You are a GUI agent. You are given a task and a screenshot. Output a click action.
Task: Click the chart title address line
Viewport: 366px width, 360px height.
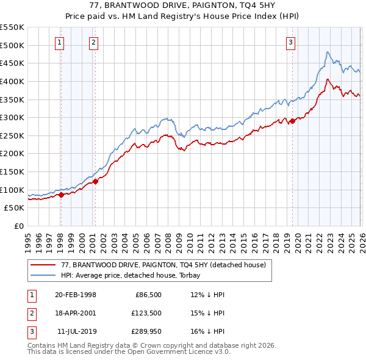pos(183,6)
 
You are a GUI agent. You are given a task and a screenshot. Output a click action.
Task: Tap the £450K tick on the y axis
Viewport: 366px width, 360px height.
pos(12,63)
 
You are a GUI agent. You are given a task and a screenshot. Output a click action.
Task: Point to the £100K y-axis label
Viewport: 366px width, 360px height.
pos(12,190)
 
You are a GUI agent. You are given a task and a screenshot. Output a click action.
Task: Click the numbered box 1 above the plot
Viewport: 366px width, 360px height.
pos(60,42)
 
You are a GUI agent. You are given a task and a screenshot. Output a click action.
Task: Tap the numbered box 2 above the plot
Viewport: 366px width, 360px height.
pos(93,42)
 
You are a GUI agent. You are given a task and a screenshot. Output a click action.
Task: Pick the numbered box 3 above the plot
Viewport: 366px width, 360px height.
pos(290,42)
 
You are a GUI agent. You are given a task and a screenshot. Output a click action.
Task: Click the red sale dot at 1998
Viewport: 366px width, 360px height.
pos(61,195)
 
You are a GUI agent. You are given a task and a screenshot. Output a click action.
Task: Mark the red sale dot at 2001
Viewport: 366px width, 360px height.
pos(95,181)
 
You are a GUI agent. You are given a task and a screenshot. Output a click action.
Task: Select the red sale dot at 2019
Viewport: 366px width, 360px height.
pos(292,121)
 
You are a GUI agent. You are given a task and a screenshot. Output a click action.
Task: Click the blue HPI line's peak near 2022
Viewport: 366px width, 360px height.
pos(328,52)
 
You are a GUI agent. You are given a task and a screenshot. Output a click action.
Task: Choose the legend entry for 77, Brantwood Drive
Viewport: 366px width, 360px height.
pos(163,265)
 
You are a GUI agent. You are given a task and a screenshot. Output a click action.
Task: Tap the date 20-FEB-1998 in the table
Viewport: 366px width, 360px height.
pos(76,295)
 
